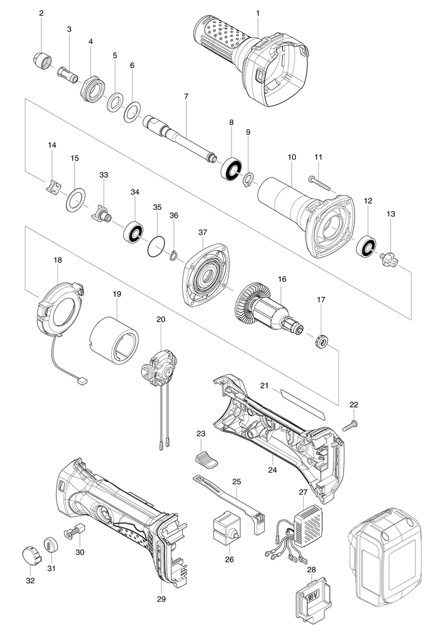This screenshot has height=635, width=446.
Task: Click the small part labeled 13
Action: pos(389,258)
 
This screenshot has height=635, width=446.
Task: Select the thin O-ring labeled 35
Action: pos(157,246)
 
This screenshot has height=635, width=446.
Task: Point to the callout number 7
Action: pos(186,96)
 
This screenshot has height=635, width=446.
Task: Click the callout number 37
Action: pos(203,232)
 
